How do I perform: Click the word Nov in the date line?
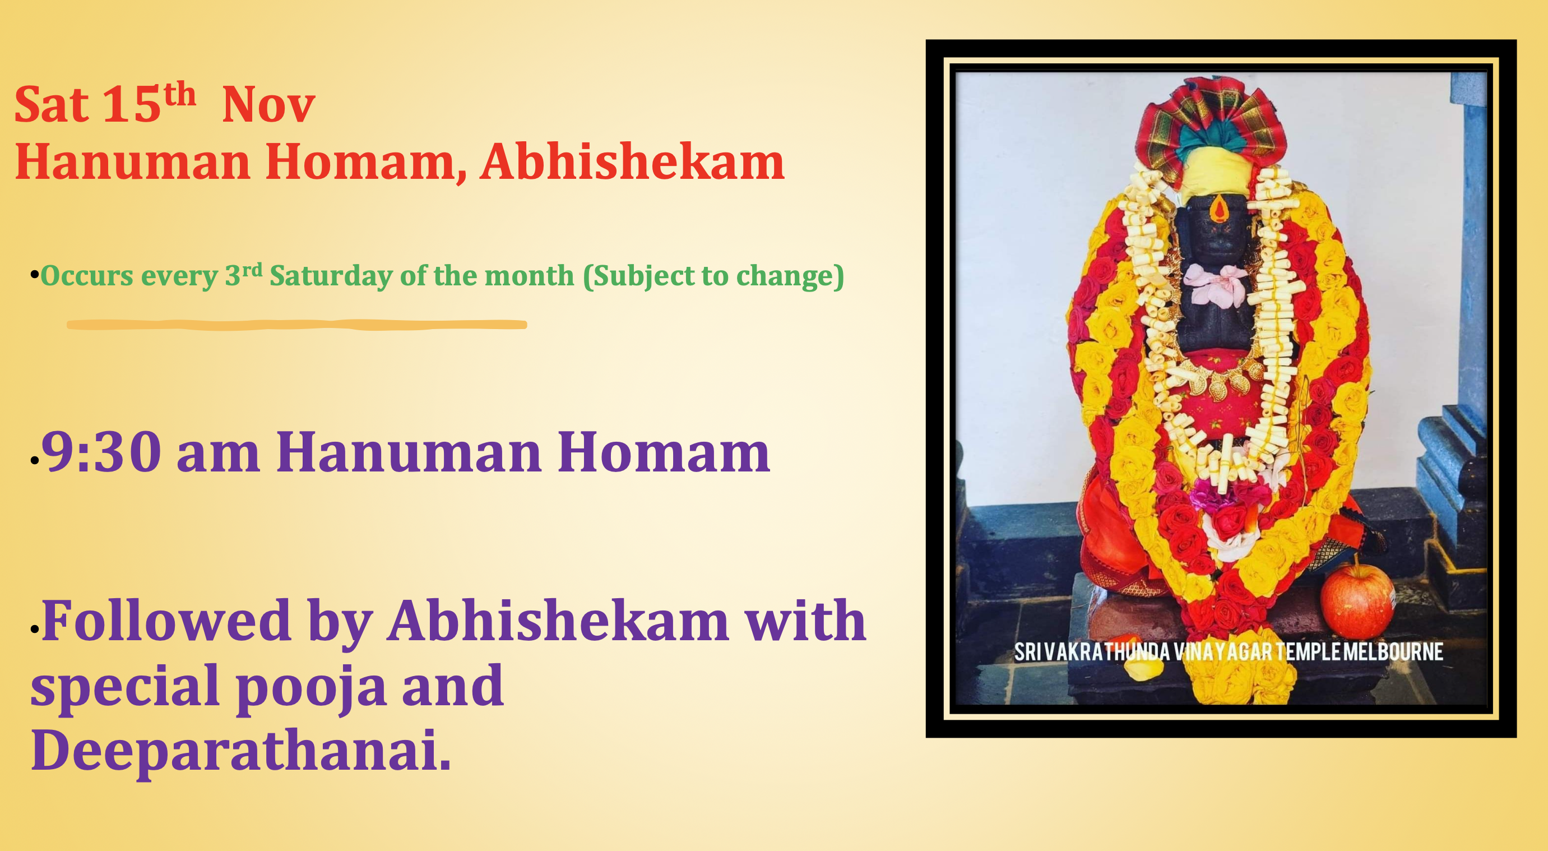coord(268,106)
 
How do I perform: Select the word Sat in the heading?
coord(52,106)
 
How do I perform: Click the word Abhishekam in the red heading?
coord(632,162)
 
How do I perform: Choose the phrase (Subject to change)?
coord(713,276)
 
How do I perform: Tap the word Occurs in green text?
coord(86,276)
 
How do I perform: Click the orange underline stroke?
coord(297,325)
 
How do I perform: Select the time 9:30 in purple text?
coord(101,452)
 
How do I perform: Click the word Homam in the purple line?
coord(664,452)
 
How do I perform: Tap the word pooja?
coord(310,687)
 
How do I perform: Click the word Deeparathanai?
coord(240,751)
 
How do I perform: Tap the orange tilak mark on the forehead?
coord(1218,209)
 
